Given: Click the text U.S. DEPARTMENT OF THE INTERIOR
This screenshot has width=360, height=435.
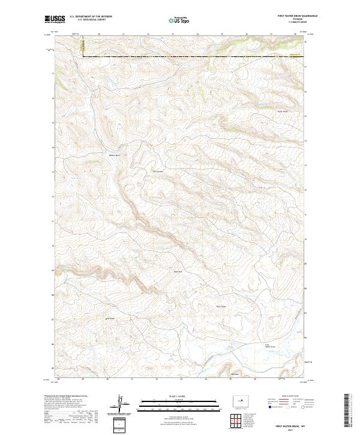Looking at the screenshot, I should pos(91,17).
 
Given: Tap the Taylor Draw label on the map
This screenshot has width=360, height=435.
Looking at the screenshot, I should pos(281,112).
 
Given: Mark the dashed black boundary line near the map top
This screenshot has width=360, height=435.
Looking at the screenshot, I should pos(192,57).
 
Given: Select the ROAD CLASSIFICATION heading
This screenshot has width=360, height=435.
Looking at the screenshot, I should pos(285,397).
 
